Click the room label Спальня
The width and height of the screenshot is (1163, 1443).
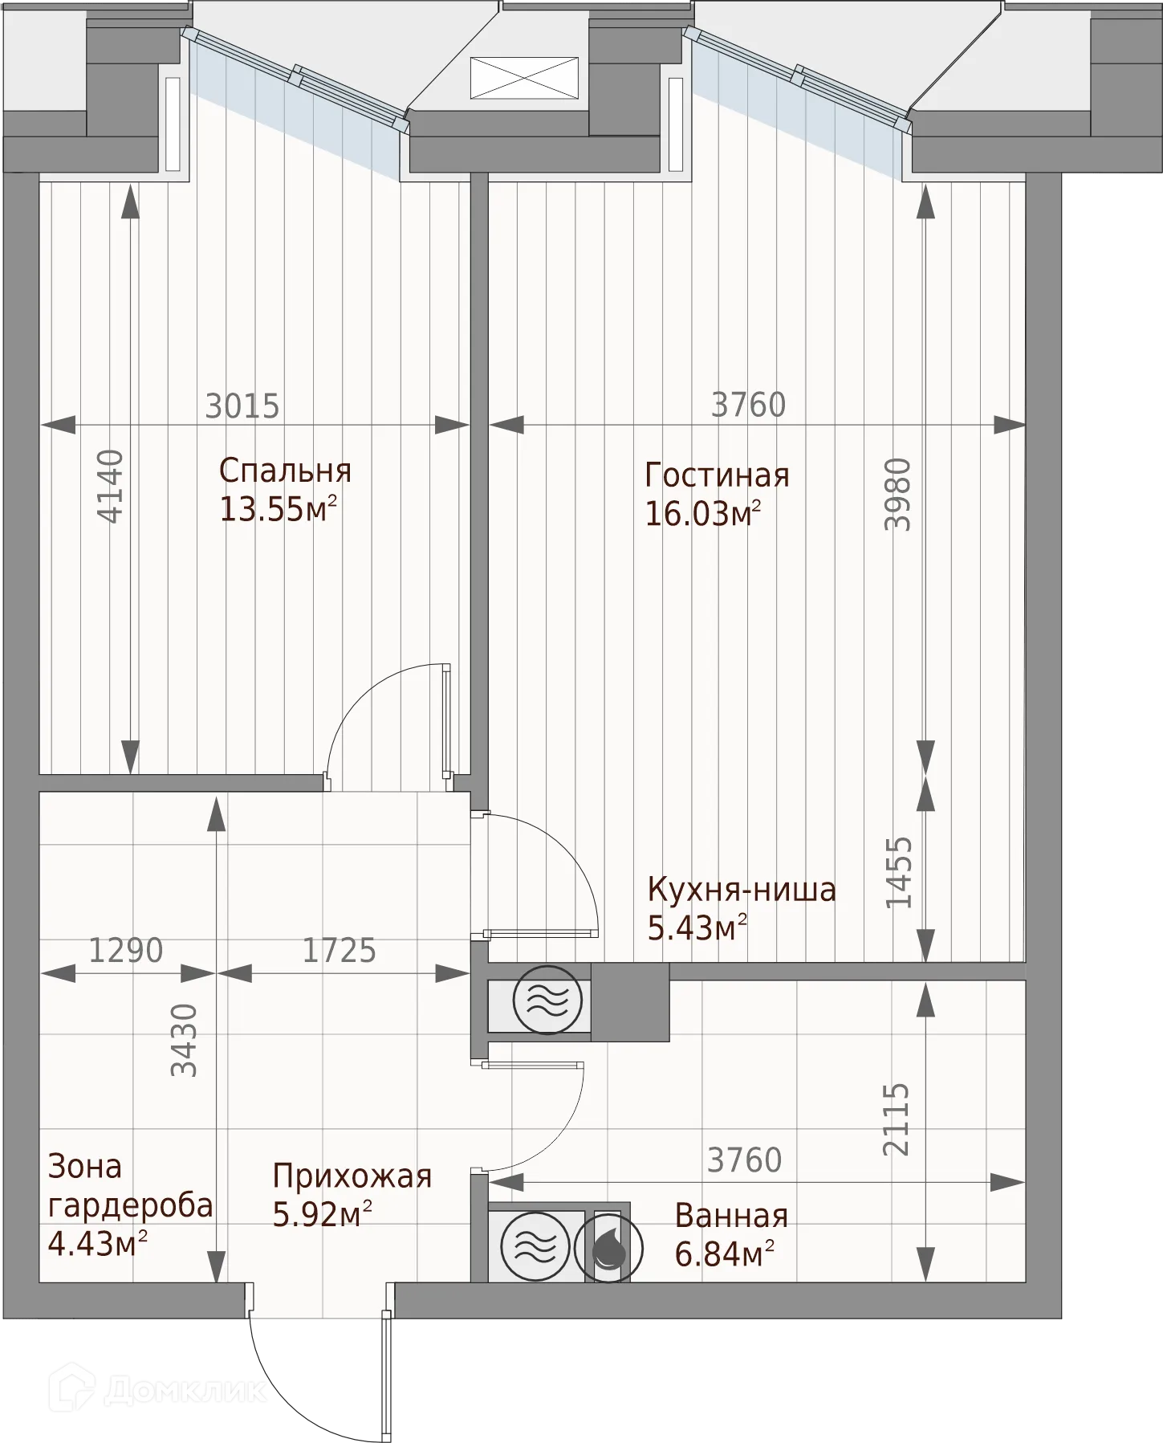tap(285, 471)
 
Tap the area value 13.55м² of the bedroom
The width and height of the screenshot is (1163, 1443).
tap(278, 508)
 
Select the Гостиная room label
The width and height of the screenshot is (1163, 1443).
tap(717, 475)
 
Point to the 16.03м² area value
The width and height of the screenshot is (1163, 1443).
tap(703, 513)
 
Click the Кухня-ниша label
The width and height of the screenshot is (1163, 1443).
tap(742, 890)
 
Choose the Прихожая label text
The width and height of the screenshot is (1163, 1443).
tap(352, 1176)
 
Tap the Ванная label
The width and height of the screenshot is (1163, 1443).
tap(731, 1217)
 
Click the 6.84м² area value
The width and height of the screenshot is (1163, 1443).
tap(724, 1253)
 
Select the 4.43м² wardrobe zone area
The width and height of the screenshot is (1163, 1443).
tap(98, 1244)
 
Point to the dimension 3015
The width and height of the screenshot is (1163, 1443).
tap(242, 406)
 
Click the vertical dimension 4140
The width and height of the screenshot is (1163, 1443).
tap(111, 487)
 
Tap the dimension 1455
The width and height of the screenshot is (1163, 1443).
tap(899, 873)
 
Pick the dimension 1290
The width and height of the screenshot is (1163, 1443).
tap(126, 951)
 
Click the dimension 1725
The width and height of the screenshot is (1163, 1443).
tap(339, 951)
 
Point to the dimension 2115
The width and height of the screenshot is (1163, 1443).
tap(897, 1119)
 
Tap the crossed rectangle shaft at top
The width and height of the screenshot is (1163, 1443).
tap(524, 78)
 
